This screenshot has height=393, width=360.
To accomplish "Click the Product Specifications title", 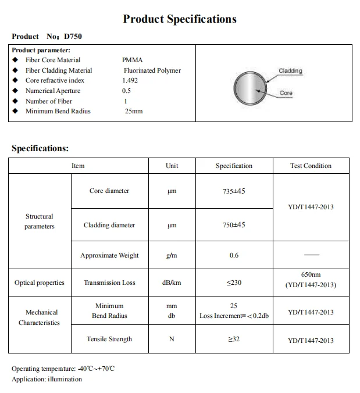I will pyautogui.click(x=180, y=19).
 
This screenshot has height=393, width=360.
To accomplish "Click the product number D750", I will pyautogui.click(x=73, y=36).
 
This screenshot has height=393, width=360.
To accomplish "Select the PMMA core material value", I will pyautogui.click(x=132, y=60).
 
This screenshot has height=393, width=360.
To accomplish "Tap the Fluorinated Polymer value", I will pyautogui.click(x=152, y=70).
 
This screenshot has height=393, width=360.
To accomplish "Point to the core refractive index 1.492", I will pyautogui.click(x=130, y=80).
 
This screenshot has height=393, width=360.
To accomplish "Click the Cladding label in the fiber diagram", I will pyautogui.click(x=290, y=71).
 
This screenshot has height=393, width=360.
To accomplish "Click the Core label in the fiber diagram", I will pyautogui.click(x=286, y=93).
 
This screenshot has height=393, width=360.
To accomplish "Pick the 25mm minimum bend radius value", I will pyautogui.click(x=134, y=111).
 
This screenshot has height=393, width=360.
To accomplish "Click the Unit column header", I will pyautogui.click(x=172, y=166).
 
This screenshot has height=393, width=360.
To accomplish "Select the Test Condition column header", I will pyautogui.click(x=311, y=166).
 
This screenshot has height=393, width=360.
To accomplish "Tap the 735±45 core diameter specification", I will pyautogui.click(x=234, y=191).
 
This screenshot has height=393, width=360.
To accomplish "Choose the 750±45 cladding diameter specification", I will pyautogui.click(x=234, y=225).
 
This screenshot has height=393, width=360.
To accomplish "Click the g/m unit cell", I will pyautogui.click(x=172, y=255).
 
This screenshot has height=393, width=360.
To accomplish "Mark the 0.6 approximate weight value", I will pyautogui.click(x=234, y=255).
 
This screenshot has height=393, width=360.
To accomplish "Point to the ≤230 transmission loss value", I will pyautogui.click(x=234, y=283).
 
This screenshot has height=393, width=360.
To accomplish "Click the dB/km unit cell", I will pyautogui.click(x=172, y=283).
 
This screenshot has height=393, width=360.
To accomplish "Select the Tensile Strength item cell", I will pyautogui.click(x=109, y=339).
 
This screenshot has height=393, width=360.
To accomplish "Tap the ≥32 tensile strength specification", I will pyautogui.click(x=234, y=339).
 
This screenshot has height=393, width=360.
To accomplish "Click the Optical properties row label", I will pyautogui.click(x=40, y=283).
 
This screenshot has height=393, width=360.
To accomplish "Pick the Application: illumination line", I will pyautogui.click(x=47, y=379).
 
